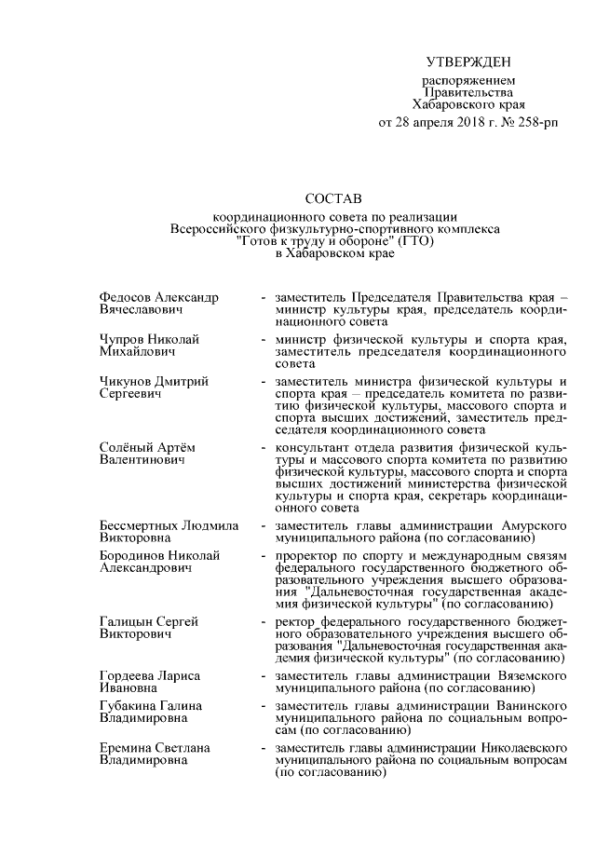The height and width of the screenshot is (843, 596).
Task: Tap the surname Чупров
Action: click(x=123, y=339)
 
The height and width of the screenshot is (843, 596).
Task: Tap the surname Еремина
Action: click(x=125, y=748)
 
